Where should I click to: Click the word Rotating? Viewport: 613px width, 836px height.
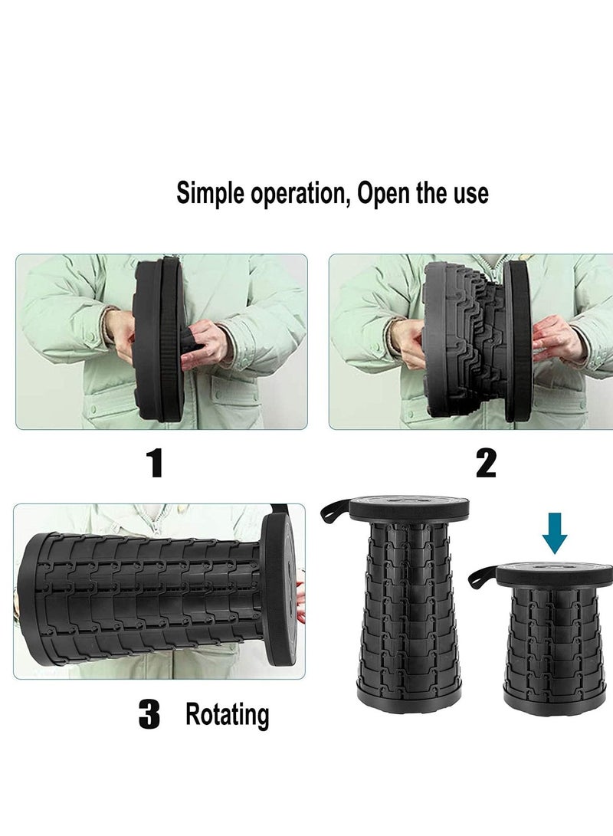click(x=227, y=715)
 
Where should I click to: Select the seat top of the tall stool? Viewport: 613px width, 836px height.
click(x=409, y=506)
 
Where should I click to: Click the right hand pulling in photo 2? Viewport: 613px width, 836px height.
click(x=557, y=339)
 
